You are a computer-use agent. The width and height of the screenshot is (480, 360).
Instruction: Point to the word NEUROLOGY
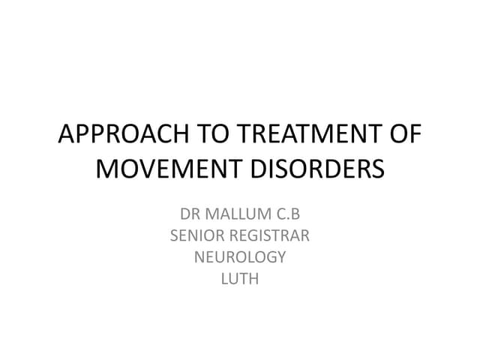coord(240,256)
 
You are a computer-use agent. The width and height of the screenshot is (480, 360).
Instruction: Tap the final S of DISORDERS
coord(376,168)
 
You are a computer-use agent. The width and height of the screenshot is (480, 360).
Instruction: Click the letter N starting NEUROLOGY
coord(200,256)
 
